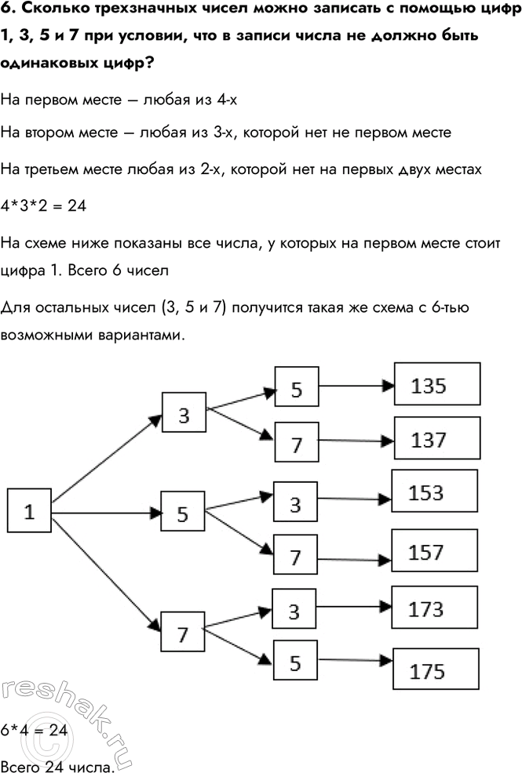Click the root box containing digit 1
coord(29,513)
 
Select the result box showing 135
coord(436,385)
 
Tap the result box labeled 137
coord(436,440)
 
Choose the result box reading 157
coord(436,553)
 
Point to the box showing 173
coord(436,609)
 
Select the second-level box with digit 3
coord(184,415)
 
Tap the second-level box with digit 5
coord(183,514)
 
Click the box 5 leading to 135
coord(296,389)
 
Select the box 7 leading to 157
coord(295,557)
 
